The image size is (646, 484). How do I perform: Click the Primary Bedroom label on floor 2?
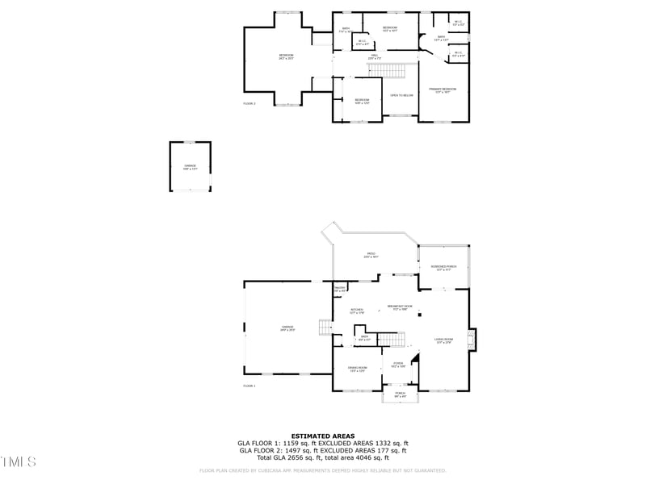click(443, 90)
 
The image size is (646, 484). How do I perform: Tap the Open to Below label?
click(401, 95)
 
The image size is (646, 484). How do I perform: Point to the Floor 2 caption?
click(249, 104)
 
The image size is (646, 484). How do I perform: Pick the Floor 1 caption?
click(249, 386)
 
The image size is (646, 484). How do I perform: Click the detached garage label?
click(190, 167)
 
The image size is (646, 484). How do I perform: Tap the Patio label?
click(371, 256)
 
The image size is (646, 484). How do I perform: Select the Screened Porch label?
click(443, 268)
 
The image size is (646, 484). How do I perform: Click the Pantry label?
click(340, 289)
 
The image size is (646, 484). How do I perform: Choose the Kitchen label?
click(357, 311)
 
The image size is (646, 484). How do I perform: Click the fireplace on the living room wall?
click(473, 340)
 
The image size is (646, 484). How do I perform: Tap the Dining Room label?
click(357, 369)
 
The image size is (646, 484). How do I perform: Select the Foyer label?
click(398, 365)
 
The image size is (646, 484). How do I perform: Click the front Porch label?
click(400, 395)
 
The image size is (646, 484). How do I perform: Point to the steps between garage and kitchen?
click(325, 327)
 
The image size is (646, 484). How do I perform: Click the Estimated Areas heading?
click(322, 436)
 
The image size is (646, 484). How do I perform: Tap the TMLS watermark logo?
click(19, 462)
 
